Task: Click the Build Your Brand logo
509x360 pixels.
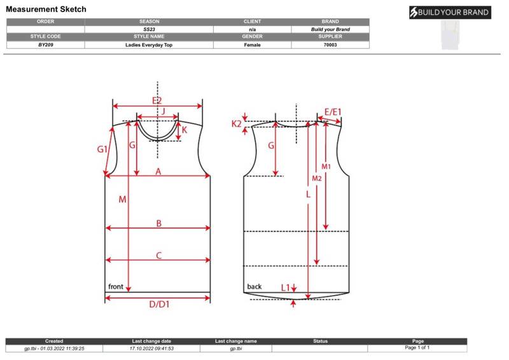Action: click(x=450, y=12)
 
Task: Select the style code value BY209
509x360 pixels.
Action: click(x=45, y=45)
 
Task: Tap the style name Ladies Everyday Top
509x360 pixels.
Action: click(x=149, y=45)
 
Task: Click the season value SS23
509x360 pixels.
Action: click(x=149, y=29)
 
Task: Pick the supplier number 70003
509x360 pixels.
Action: click(x=330, y=45)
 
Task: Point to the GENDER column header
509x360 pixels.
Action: click(x=252, y=36)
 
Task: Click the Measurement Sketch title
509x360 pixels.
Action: click(x=46, y=9)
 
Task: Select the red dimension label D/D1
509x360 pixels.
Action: click(x=159, y=305)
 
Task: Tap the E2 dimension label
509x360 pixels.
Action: click(x=157, y=100)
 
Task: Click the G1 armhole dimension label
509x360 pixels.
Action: click(x=102, y=149)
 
